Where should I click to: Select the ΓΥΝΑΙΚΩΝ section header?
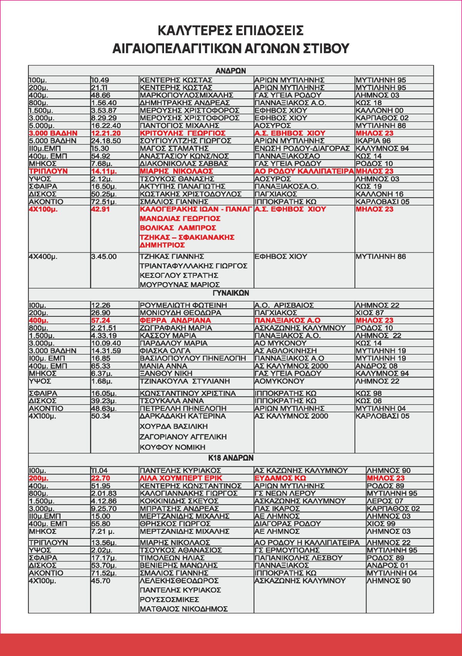(x=231, y=293)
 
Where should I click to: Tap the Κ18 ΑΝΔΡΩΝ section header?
(x=231, y=458)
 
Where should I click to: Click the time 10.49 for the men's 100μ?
(x=100, y=80)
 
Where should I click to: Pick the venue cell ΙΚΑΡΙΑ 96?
(x=373, y=141)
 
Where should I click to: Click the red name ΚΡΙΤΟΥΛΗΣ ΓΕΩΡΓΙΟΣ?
(x=182, y=133)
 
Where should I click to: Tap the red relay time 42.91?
(x=100, y=209)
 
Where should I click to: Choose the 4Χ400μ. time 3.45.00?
(x=104, y=257)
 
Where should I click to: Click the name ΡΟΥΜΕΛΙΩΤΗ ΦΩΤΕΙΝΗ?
(x=183, y=305)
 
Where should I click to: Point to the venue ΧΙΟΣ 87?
(x=370, y=313)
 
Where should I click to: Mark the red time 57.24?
(x=100, y=320)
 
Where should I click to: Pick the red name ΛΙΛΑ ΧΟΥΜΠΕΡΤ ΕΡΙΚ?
(x=181, y=478)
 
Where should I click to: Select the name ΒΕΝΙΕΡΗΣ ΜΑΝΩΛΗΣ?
(x=179, y=565)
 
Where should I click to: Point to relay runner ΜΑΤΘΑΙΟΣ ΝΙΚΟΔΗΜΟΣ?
(x=184, y=609)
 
